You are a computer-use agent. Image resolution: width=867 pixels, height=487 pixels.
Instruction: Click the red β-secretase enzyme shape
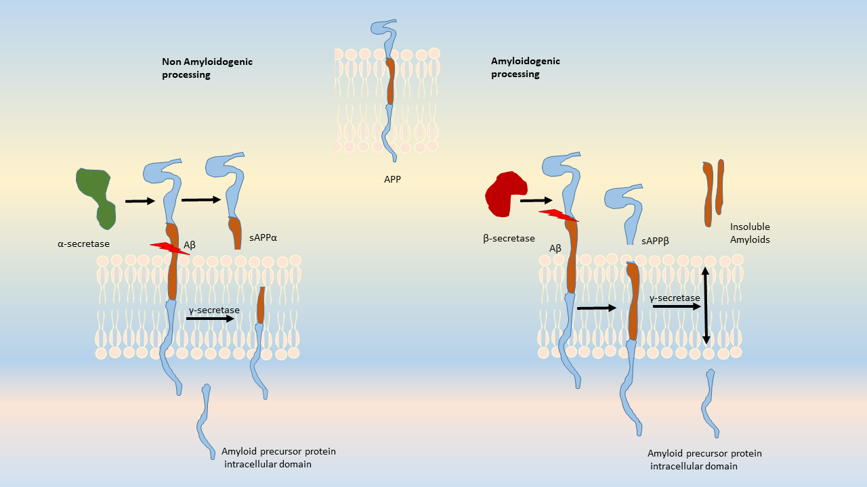[x=506, y=195]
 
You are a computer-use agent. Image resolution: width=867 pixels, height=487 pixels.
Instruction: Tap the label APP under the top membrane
[x=393, y=180]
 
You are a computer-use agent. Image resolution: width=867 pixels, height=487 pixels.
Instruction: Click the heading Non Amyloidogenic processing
[x=207, y=68]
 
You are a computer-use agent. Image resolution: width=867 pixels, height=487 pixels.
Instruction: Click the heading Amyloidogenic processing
[x=526, y=67]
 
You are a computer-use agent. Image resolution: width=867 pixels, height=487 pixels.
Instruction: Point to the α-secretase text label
[x=83, y=243]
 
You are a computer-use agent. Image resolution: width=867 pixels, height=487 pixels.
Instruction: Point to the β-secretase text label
[x=509, y=238]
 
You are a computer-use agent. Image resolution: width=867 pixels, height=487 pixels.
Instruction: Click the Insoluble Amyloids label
[x=750, y=233]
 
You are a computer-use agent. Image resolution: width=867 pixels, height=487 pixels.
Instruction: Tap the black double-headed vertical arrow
[x=706, y=305]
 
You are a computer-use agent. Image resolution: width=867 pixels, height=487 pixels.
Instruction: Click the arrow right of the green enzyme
[x=140, y=201]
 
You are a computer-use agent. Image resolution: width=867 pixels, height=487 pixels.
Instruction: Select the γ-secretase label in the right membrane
[x=675, y=298]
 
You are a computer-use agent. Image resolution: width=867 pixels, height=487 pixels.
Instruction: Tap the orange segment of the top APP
[x=390, y=81]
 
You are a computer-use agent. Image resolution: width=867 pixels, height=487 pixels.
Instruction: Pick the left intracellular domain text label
[x=278, y=458]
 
